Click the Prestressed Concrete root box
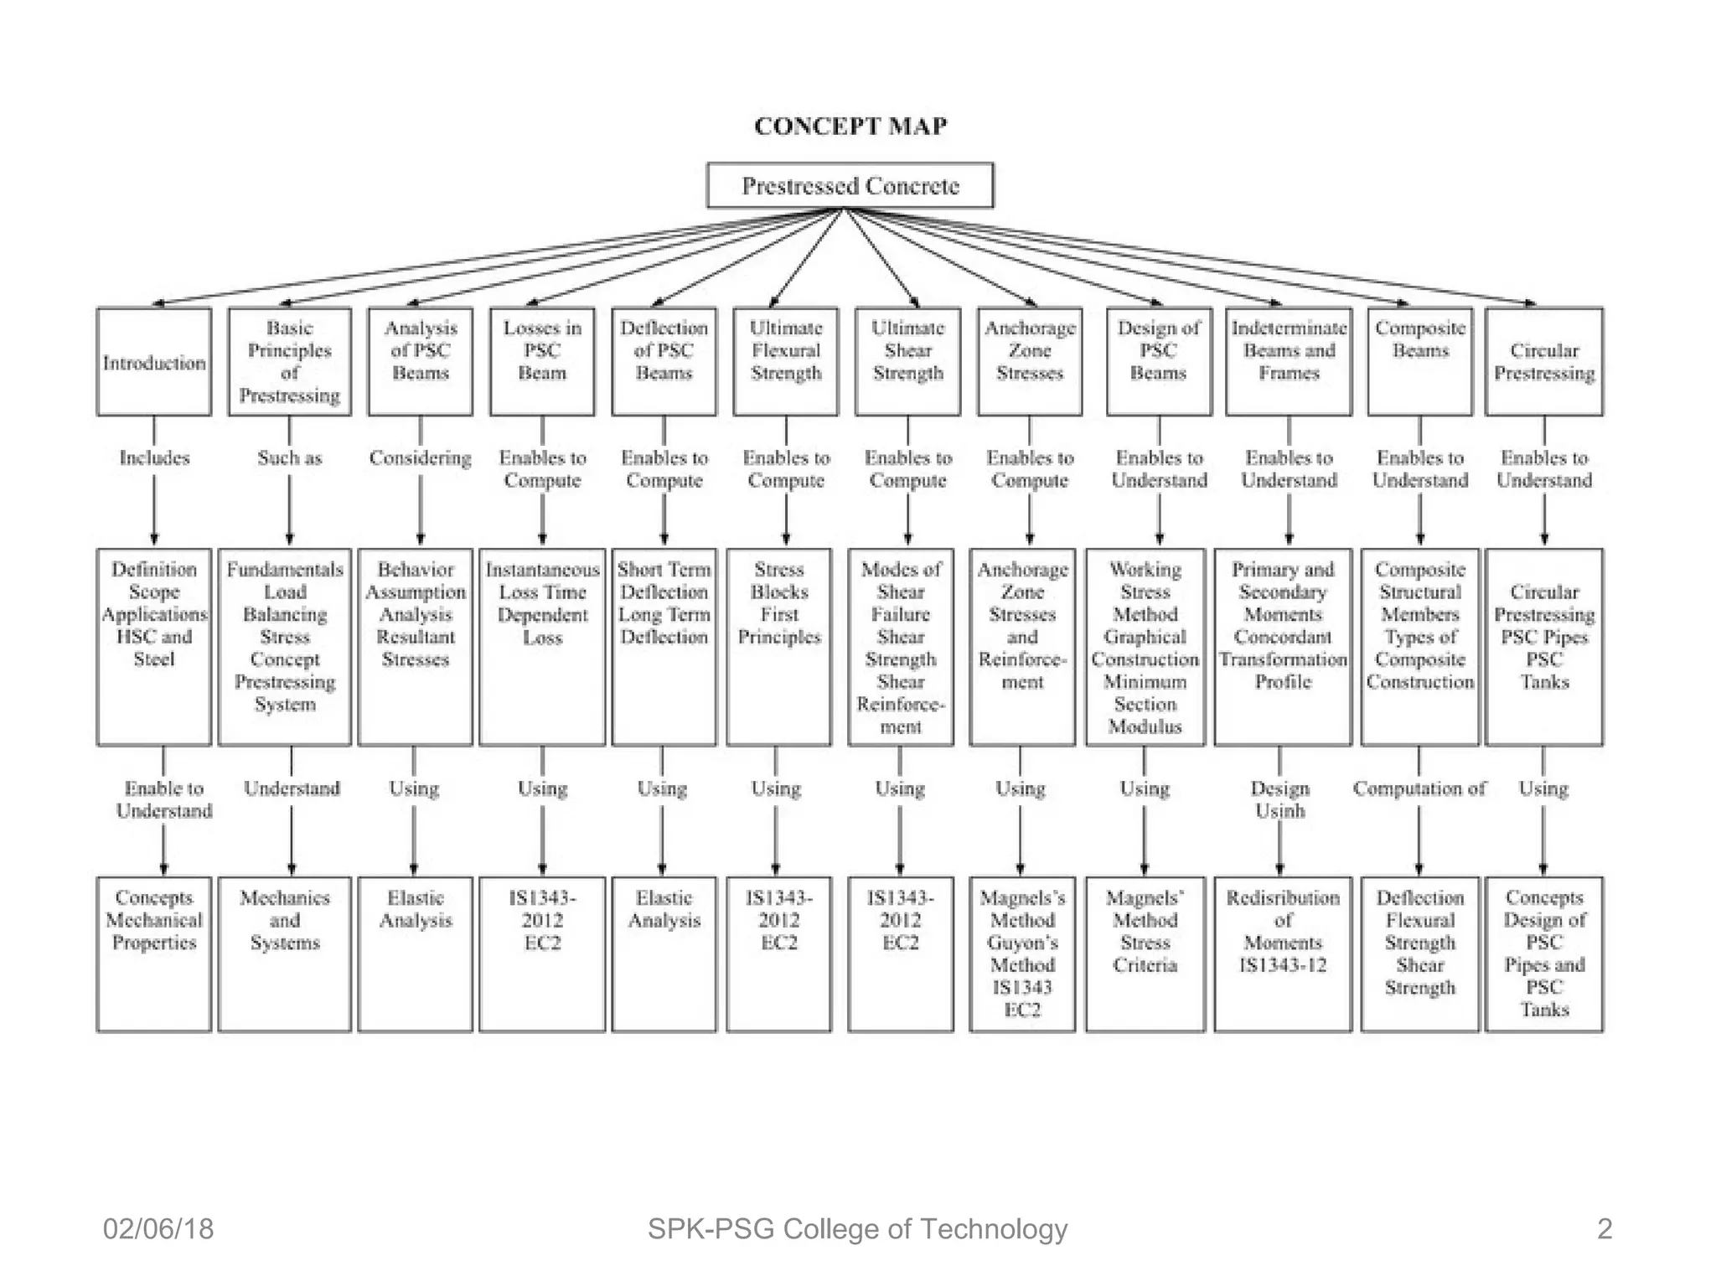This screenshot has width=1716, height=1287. pyautogui.click(x=850, y=185)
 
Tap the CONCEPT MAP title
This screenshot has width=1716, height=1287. pyautogui.click(x=850, y=126)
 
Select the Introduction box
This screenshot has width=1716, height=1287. pyautogui.click(x=154, y=362)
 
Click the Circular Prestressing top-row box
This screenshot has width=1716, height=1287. pyautogui.click(x=1543, y=362)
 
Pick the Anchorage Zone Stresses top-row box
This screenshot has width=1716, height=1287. pyautogui.click(x=1029, y=362)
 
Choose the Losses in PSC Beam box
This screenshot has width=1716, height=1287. pyautogui.click(x=542, y=362)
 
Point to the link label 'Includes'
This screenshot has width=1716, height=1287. pyautogui.click(x=154, y=457)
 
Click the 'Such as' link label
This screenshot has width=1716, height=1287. pyautogui.click(x=289, y=457)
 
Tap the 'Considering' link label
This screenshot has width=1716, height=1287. pyautogui.click(x=420, y=457)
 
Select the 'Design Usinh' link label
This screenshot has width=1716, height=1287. pyautogui.click(x=1279, y=799)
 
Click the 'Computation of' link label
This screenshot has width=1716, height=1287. pyautogui.click(x=1419, y=788)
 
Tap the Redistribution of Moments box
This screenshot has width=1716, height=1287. pyautogui.click(x=1282, y=954)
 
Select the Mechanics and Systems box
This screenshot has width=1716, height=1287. pyautogui.click(x=285, y=954)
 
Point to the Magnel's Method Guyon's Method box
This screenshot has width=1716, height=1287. pyautogui.click(x=1021, y=954)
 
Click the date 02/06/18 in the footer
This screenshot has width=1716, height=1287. pyautogui.click(x=158, y=1228)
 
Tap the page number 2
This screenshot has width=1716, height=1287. pyautogui.click(x=1604, y=1228)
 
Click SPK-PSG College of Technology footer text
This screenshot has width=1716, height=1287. pyautogui.click(x=857, y=1228)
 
